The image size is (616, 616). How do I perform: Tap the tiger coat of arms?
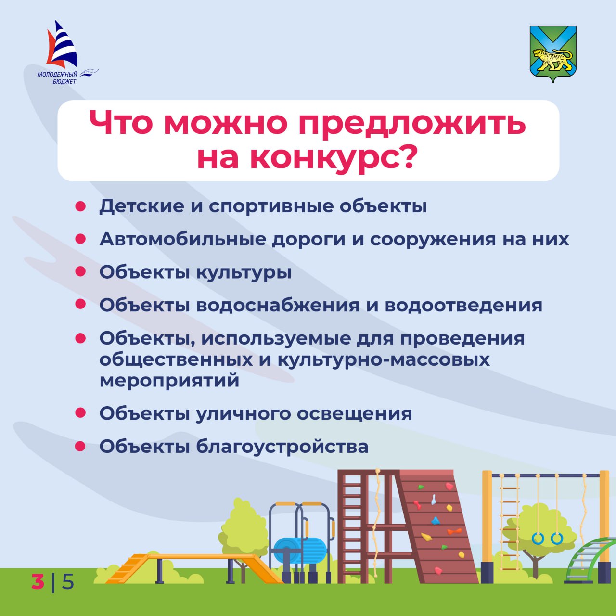click(x=552, y=54)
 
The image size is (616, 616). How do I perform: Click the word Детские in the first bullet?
click(x=141, y=206)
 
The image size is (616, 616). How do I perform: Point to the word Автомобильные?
click(x=182, y=239)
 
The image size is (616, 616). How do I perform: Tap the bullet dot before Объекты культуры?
click(x=80, y=271)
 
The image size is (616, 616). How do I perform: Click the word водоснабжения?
click(x=278, y=305)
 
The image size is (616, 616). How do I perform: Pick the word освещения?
click(x=355, y=414)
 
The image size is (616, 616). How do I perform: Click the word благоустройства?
click(x=282, y=447)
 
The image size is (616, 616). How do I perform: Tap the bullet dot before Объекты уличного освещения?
click(x=80, y=413)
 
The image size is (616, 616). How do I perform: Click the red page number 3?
click(x=38, y=581)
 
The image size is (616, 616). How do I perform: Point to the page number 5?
click(x=68, y=581)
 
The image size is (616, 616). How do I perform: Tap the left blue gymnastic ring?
click(x=538, y=539)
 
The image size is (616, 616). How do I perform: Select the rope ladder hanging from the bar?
click(x=509, y=527)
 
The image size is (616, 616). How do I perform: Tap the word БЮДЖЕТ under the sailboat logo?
click(x=64, y=81)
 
